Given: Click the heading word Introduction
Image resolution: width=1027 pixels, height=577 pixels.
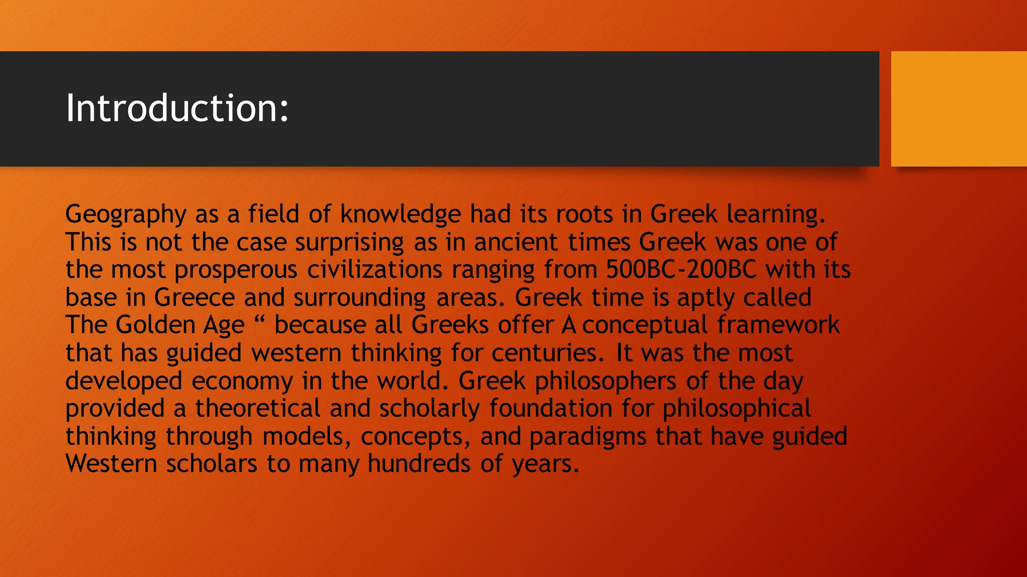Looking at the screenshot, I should (177, 108).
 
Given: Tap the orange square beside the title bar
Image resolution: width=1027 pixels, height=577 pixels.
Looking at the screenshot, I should (958, 109).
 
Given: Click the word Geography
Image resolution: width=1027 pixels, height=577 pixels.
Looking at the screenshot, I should (125, 214).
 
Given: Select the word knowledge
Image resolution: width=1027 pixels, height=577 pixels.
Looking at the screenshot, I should (400, 214).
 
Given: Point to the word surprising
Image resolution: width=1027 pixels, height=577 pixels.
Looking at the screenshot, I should (349, 242).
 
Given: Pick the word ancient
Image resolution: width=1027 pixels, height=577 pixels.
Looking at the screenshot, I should (516, 242).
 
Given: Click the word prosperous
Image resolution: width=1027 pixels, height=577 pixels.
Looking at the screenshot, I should (236, 270).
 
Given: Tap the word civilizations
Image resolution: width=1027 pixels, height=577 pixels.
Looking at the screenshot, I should (375, 269).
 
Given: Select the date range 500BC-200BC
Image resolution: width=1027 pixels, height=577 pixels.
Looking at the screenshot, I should (681, 269).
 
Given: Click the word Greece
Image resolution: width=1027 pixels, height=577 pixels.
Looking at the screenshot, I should (195, 298).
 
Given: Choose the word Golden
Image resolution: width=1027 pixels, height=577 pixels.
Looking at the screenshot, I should (154, 325).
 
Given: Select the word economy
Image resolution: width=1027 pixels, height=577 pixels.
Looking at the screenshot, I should (242, 381).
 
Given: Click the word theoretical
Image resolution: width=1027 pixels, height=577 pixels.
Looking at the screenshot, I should (258, 408).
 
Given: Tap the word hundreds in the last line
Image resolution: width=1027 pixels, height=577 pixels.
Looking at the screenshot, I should (419, 464).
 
